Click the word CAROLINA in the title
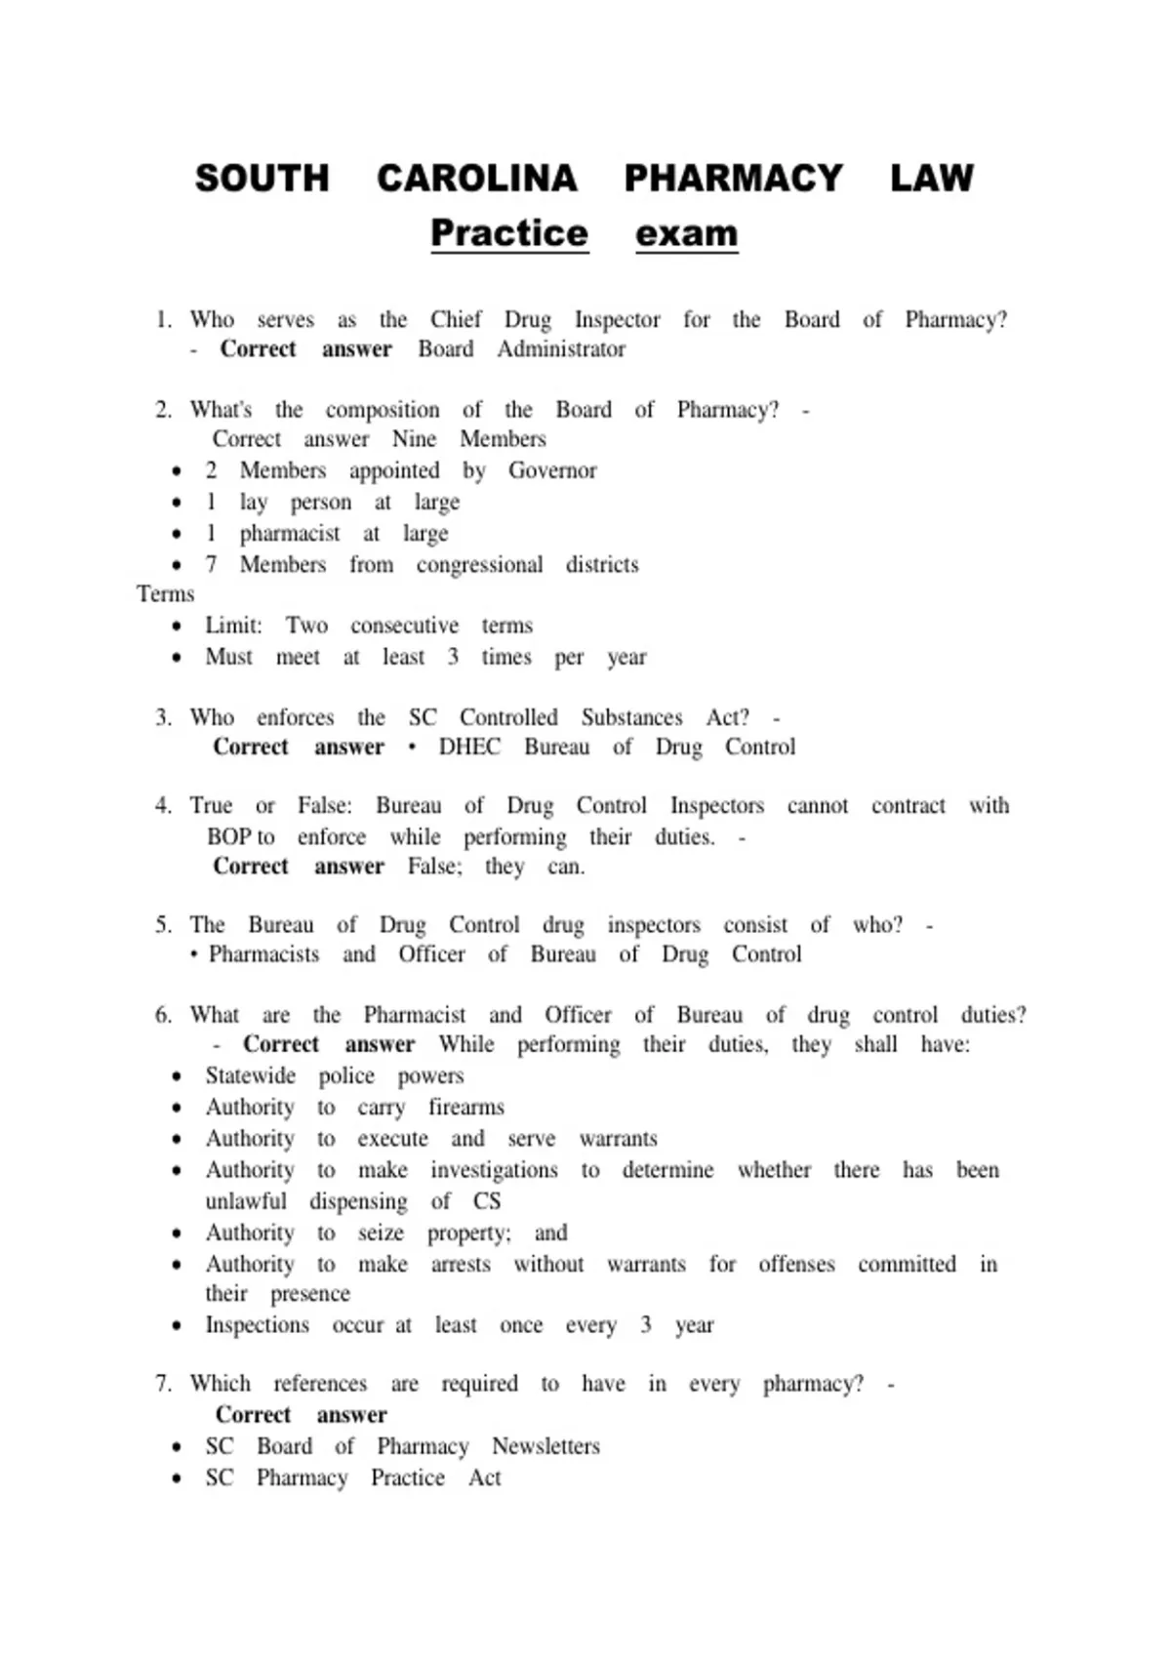(476, 179)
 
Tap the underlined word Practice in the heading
(509, 233)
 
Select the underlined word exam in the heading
(686, 234)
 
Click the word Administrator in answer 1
(561, 349)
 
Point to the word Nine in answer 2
(414, 439)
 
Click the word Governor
(552, 470)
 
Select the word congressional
(479, 564)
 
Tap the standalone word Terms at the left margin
(166, 594)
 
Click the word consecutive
(404, 626)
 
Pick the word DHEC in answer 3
(468, 748)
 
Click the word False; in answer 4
(434, 867)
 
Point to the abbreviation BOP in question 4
(229, 837)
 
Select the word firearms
(465, 1108)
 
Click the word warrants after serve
(618, 1139)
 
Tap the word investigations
(494, 1170)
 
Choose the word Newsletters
(545, 1446)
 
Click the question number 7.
(163, 1384)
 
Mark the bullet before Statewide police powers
(176, 1077)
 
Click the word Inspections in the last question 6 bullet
(257, 1325)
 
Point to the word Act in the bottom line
(484, 1477)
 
